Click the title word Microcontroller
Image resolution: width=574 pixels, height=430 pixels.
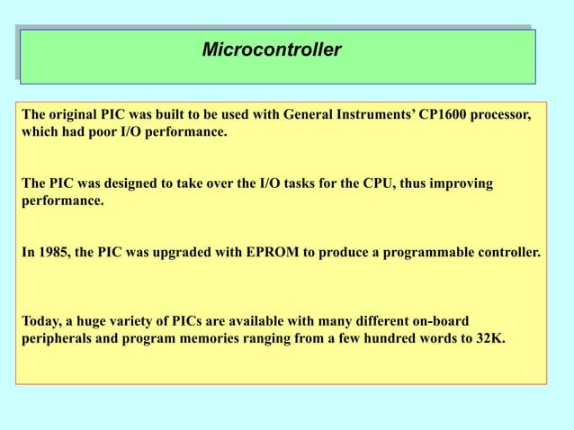[271, 49]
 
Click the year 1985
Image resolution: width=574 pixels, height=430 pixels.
[52, 253]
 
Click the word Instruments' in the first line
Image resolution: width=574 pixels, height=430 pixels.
[373, 116]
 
